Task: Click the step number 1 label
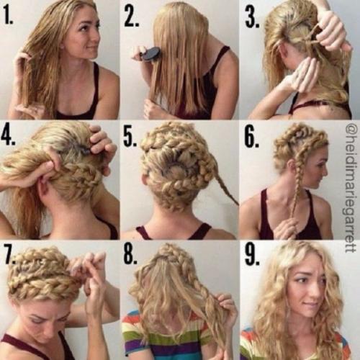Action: (x=8, y=15)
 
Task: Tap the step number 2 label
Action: (x=131, y=16)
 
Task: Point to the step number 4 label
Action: (x=9, y=136)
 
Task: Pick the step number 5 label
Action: (x=130, y=137)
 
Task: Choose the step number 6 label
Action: (x=252, y=138)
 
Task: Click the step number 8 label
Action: (x=131, y=255)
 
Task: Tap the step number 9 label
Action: (x=252, y=256)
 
